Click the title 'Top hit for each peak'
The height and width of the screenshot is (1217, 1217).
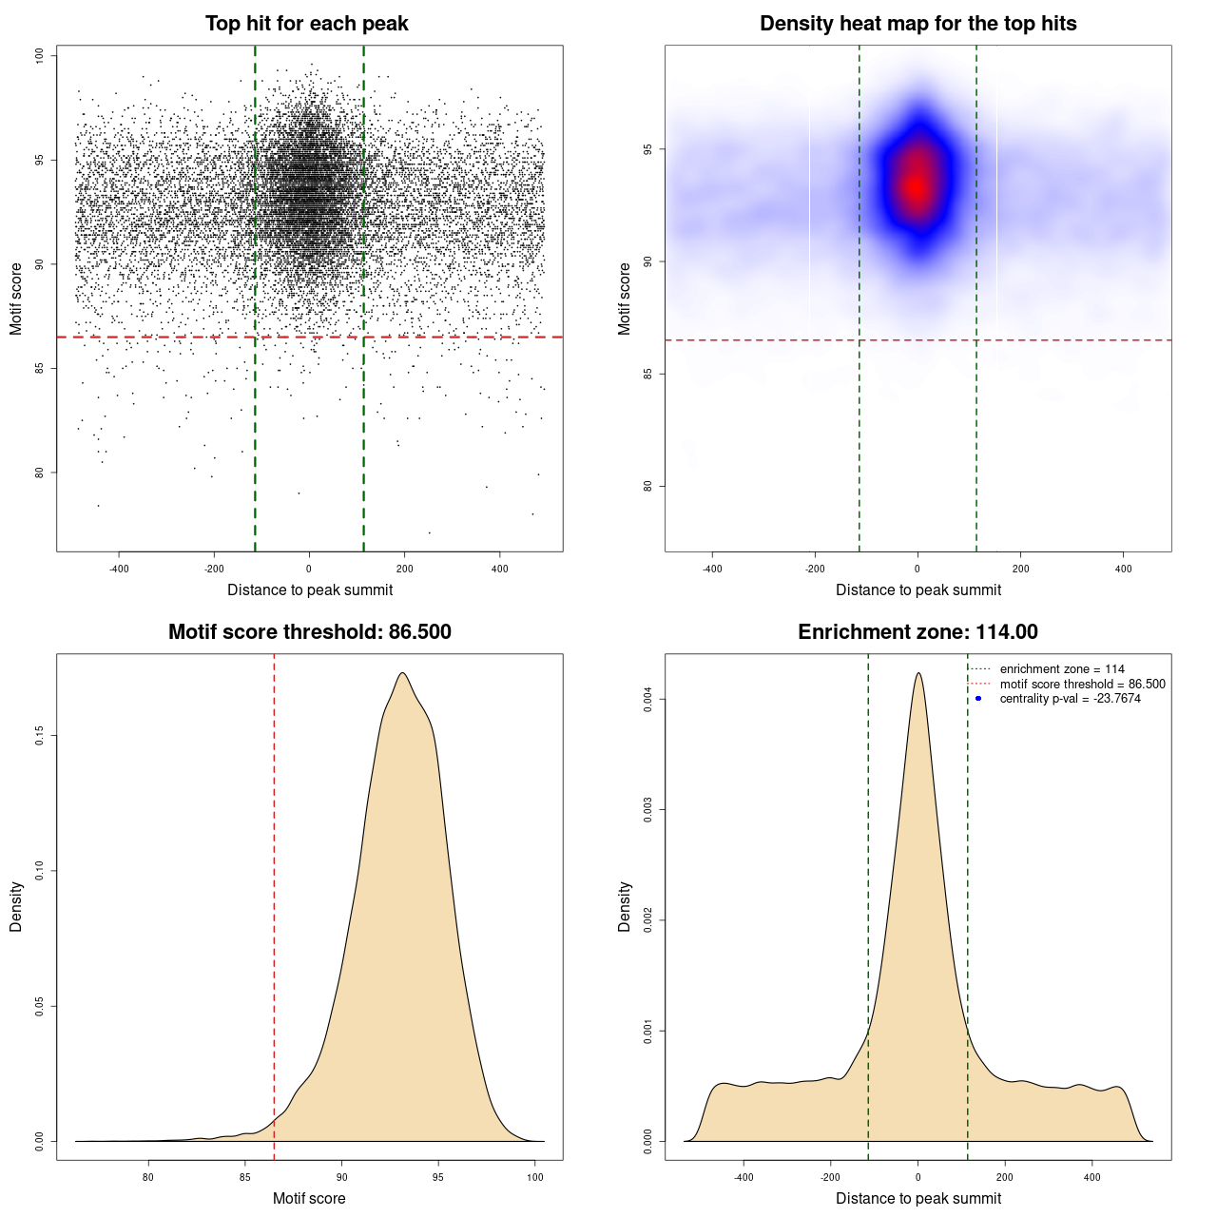coord(306,24)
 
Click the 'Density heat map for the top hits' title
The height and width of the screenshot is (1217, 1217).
coord(918,24)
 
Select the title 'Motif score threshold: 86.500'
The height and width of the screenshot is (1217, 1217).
coord(309,632)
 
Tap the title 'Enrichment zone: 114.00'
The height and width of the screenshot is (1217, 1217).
coord(918,632)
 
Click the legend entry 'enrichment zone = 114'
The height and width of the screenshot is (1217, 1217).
coord(1061,669)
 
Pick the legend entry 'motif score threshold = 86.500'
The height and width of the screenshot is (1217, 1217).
coord(1082,685)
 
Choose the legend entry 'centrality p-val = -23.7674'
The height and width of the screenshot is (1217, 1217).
coord(1070,699)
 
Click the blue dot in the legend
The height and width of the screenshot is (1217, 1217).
coord(978,699)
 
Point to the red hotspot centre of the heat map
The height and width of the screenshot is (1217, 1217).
coord(916,186)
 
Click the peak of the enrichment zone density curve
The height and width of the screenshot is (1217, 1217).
coord(918,673)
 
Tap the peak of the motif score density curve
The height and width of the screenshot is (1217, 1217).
coord(403,673)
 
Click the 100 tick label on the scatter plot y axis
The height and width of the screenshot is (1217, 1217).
coord(39,56)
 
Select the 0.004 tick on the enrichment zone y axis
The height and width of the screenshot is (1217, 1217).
coord(647,700)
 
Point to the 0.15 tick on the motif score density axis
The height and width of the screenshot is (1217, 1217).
coord(39,736)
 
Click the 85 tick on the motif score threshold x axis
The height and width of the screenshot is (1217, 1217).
coord(245,1177)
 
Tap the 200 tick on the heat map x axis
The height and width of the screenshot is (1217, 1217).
coord(1020,569)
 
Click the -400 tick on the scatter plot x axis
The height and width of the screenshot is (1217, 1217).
coord(119,569)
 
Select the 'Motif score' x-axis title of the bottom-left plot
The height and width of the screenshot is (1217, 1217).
coord(309,1198)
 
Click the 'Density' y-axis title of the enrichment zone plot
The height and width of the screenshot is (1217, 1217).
coord(625,906)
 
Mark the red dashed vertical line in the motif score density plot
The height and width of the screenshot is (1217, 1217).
coord(274,903)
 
